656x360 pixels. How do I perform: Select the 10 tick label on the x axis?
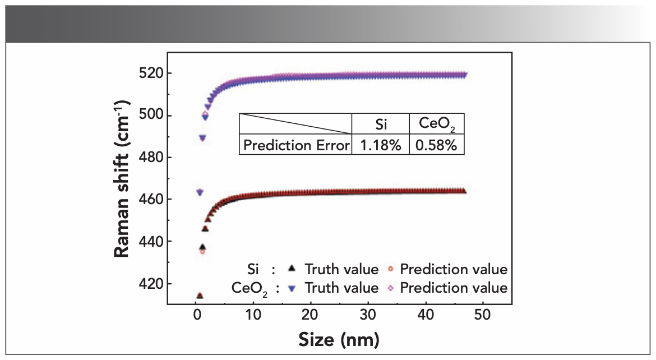[253, 315]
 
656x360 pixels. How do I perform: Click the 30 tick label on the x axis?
[368, 315]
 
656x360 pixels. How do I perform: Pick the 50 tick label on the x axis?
[483, 315]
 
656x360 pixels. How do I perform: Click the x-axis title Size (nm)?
[339, 339]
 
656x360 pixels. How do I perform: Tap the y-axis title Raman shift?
[123, 178]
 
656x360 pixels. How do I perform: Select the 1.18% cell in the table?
[380, 145]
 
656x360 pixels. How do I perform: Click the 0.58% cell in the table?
[437, 145]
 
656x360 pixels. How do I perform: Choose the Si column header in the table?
[380, 124]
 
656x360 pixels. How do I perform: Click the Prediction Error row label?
[295, 145]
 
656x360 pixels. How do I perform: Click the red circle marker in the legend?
[390, 270]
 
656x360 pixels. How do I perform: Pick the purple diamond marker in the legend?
[390, 288]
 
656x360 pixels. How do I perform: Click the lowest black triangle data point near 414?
[199, 296]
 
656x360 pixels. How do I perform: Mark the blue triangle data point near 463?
[199, 192]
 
